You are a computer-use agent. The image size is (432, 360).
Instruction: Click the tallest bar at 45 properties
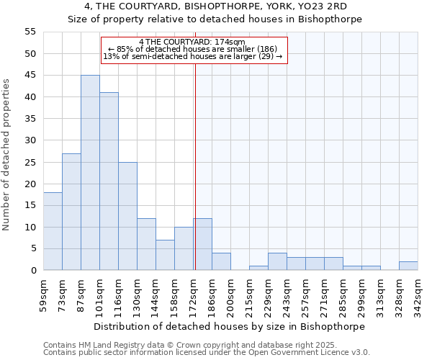pyautogui.click(x=90, y=173)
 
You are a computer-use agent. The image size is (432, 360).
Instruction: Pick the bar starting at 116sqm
pyautogui.click(x=127, y=216)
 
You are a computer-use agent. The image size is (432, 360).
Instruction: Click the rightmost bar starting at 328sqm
pyautogui.click(x=408, y=266)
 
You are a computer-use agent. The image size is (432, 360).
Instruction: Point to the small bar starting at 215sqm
pyautogui.click(x=258, y=268)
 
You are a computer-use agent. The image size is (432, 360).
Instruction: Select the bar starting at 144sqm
pyautogui.click(x=165, y=255)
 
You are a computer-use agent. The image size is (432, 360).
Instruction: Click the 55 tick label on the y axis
pyautogui.click(x=30, y=32)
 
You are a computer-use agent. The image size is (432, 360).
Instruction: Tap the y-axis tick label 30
pyautogui.click(x=30, y=140)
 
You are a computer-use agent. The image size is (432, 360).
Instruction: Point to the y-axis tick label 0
pyautogui.click(x=32, y=271)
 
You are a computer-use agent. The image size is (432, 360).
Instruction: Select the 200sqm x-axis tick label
pyautogui.click(x=230, y=297)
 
